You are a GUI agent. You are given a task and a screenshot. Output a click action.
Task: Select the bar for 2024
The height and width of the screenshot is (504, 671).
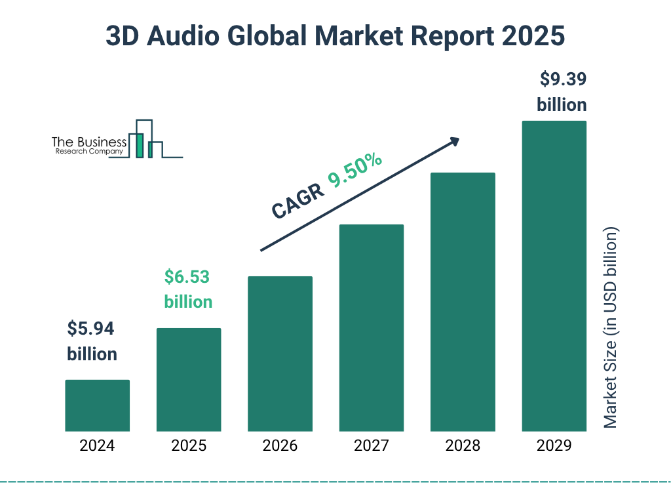click(x=97, y=406)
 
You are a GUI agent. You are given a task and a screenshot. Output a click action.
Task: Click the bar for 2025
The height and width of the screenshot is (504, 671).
click(x=189, y=379)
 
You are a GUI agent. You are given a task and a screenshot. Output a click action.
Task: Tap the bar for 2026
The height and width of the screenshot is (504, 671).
click(x=280, y=354)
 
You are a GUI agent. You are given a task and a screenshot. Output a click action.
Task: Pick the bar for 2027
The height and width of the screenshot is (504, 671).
click(x=371, y=328)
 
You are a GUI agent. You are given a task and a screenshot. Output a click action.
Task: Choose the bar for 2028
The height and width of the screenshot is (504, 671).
click(x=463, y=302)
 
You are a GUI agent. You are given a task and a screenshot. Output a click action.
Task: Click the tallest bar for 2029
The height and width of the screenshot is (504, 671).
click(x=554, y=276)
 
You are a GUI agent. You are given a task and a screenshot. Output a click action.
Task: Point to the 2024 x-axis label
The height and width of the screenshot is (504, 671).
click(x=97, y=446)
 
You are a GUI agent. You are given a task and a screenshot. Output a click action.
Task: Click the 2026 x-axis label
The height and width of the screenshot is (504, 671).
click(x=280, y=446)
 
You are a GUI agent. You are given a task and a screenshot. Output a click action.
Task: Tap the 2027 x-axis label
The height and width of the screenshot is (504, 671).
click(x=371, y=446)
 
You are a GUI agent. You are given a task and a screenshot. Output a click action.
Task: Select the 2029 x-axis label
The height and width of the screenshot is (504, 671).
click(x=554, y=446)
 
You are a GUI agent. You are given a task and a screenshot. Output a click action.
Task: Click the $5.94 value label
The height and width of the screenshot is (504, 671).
click(x=92, y=328)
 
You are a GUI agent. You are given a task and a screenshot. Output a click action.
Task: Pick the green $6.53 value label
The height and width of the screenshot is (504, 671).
click(x=187, y=277)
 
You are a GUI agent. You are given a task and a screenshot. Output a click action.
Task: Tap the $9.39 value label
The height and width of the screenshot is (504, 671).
click(x=562, y=80)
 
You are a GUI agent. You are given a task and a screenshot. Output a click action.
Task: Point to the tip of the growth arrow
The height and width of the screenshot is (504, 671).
click(x=458, y=139)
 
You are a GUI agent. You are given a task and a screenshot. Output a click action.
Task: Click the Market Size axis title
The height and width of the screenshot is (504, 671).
click(x=611, y=328)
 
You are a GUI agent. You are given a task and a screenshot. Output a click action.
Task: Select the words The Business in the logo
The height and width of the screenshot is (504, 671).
click(x=88, y=142)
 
